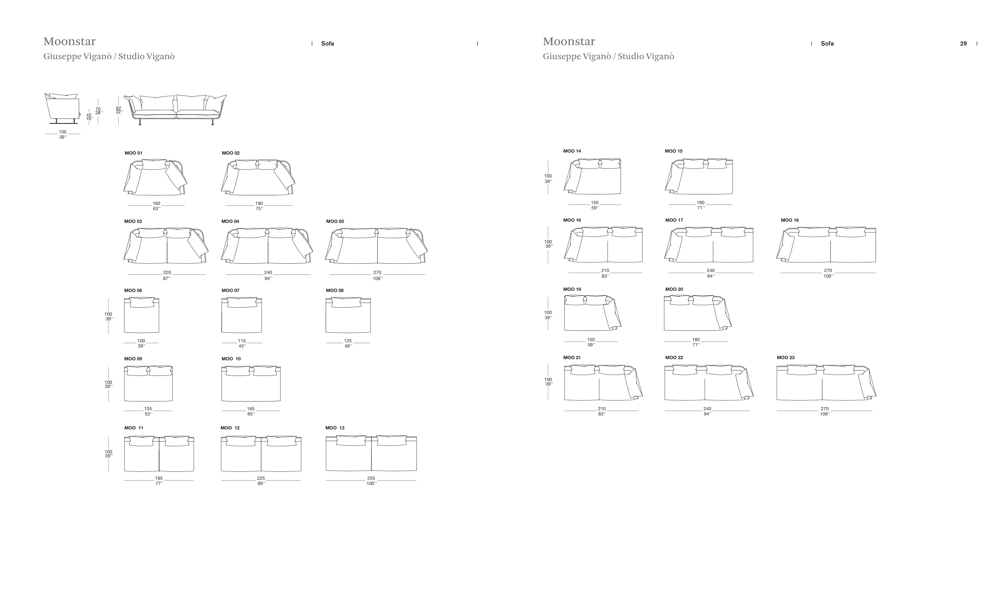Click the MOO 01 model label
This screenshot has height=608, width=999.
(x=133, y=153)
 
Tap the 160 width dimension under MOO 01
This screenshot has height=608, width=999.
(x=157, y=204)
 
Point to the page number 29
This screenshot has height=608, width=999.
(x=963, y=44)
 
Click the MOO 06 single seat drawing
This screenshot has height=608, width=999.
(x=141, y=315)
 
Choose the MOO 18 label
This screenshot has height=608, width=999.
(x=790, y=221)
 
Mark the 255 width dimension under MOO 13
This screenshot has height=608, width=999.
(x=371, y=479)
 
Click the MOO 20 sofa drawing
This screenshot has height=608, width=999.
(x=697, y=312)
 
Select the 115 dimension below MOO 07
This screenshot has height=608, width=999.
(x=242, y=341)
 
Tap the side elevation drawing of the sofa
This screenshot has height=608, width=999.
(x=62, y=109)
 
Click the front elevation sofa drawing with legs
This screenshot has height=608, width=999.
(x=175, y=109)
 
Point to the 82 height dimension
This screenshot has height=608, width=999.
(x=118, y=109)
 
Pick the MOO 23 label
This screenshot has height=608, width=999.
(x=786, y=358)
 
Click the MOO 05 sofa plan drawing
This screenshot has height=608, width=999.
(x=376, y=246)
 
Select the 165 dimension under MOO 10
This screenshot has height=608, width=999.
(x=251, y=409)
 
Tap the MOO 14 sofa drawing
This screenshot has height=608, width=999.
(x=592, y=176)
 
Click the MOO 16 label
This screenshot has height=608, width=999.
(x=572, y=221)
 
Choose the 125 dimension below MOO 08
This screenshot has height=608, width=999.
(x=348, y=341)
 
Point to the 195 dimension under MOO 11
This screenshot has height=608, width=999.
(x=159, y=479)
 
